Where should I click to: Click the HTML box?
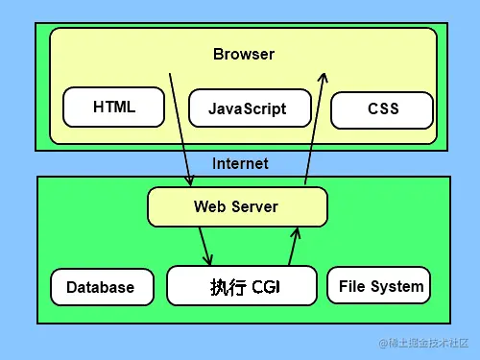(114, 108)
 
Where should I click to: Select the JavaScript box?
(248, 108)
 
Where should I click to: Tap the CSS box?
(382, 109)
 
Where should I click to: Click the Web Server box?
(236, 206)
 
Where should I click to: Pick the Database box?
(101, 287)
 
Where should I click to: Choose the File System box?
(380, 286)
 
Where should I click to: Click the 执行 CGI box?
(242, 286)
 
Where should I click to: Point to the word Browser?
(243, 54)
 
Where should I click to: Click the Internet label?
(240, 163)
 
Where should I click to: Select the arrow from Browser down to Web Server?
(180, 129)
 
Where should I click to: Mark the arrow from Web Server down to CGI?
(204, 246)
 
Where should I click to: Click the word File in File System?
(352, 286)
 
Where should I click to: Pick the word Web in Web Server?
(208, 206)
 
